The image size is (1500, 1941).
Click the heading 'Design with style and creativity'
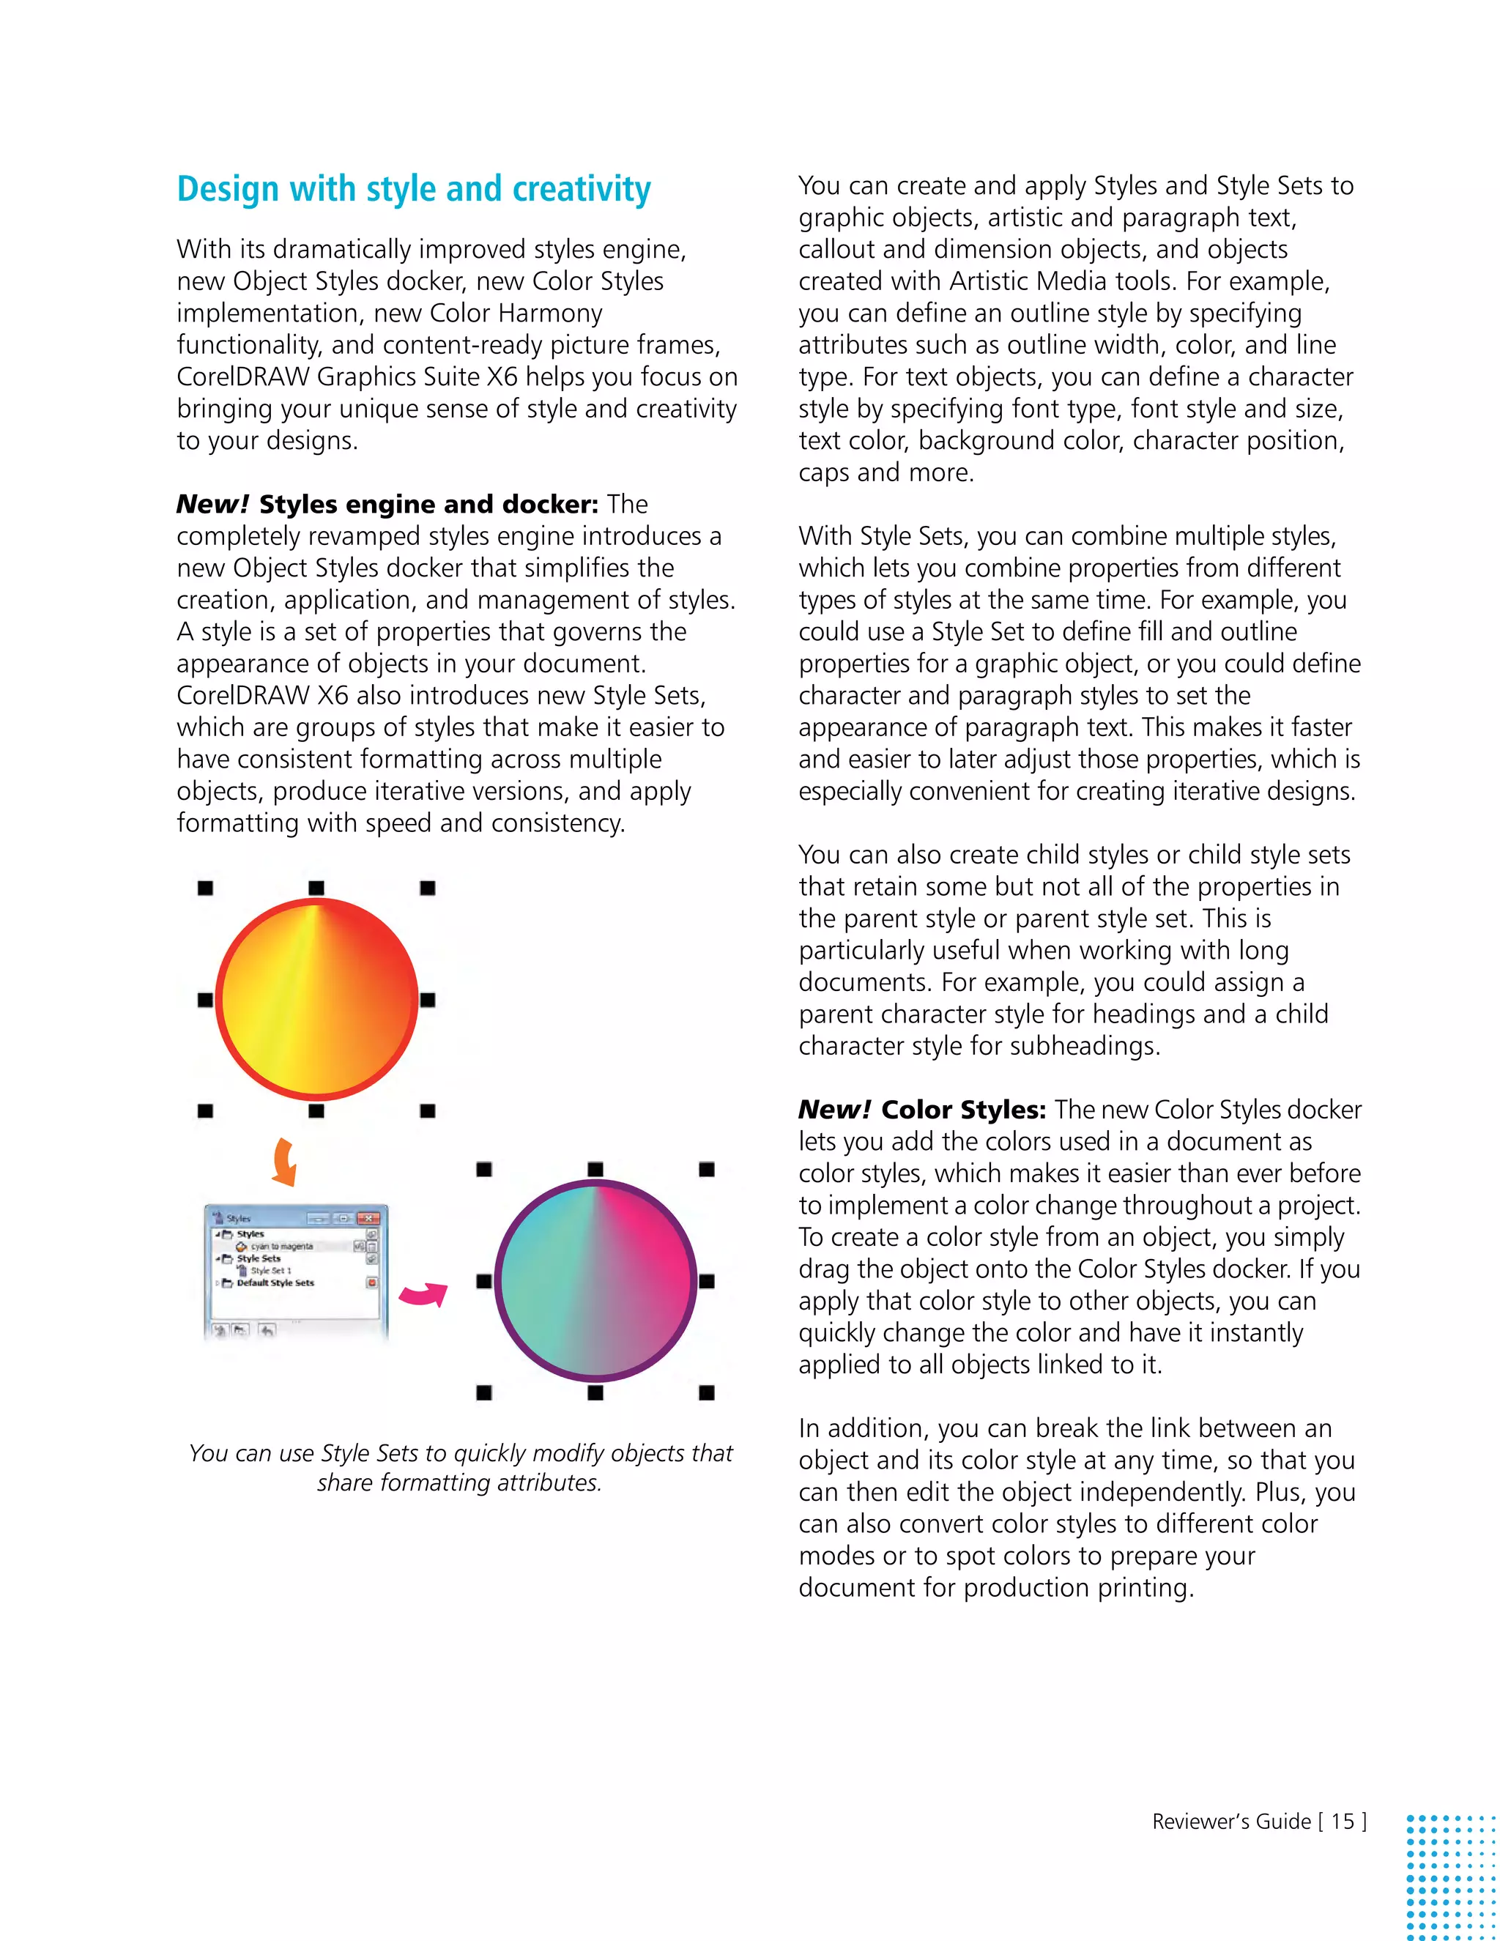(413, 189)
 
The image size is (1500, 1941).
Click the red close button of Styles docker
(371, 1217)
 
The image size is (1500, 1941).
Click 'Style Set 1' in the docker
(270, 1270)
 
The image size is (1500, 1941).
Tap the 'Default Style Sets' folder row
(275, 1283)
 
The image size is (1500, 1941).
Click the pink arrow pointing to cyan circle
(423, 1294)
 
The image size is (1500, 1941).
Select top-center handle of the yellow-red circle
(316, 888)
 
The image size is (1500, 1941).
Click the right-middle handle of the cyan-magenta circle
(707, 1280)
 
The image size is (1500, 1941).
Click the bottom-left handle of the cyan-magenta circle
(484, 1392)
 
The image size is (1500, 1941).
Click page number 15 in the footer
(1342, 1821)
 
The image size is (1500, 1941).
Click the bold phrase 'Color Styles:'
(963, 1110)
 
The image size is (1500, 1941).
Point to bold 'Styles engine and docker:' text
(428, 504)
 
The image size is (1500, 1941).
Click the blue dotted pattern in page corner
(1452, 1875)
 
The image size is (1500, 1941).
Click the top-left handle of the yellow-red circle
(205, 888)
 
